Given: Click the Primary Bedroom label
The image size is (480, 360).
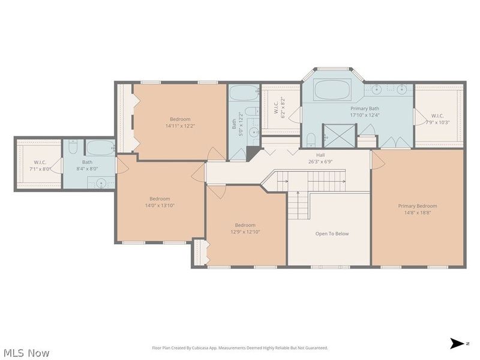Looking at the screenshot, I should (x=418, y=206).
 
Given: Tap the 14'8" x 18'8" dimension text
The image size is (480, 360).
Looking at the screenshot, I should (x=418, y=212).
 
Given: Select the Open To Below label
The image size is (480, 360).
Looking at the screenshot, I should (x=332, y=234).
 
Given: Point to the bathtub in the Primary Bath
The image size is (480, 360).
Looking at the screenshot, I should (x=332, y=90).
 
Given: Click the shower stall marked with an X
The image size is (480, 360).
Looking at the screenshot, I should (x=337, y=134).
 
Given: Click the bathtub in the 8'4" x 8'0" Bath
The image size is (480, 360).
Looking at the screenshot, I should (x=100, y=148).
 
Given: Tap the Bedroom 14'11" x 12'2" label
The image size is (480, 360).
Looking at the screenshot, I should (x=180, y=122).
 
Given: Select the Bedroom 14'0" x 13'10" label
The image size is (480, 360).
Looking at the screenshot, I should (x=160, y=202).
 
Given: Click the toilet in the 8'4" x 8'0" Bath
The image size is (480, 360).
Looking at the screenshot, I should (x=72, y=148).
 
